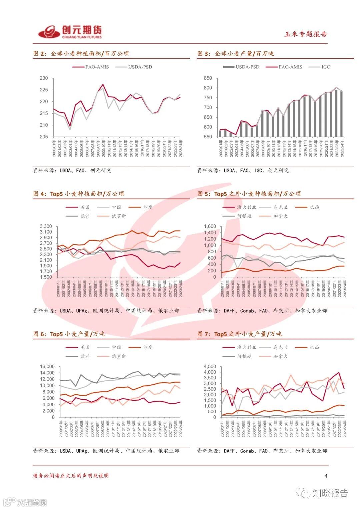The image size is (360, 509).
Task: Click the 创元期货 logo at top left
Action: [x=70, y=32]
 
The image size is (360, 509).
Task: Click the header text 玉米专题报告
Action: [x=305, y=34]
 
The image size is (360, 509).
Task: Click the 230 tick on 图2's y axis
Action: [x=44, y=78]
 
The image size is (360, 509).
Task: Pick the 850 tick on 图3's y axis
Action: [x=208, y=78]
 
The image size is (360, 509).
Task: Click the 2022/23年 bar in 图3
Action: [x=336, y=113]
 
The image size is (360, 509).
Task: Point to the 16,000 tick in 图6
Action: [x=47, y=367]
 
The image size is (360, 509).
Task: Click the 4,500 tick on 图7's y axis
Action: [x=210, y=367]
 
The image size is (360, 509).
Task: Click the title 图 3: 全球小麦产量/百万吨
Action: [x=235, y=54]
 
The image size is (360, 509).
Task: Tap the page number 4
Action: [x=326, y=476]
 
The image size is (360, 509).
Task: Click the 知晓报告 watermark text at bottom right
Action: [x=330, y=493]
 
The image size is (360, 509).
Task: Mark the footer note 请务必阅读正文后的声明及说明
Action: [x=71, y=476]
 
